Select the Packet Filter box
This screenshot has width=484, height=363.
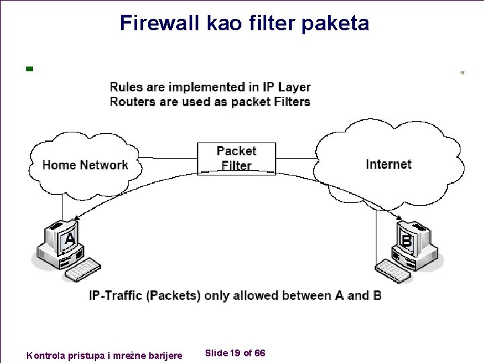236,159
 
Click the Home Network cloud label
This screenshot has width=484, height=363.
85,165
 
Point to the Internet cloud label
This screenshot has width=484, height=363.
389,164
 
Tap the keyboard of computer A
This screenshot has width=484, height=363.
81,269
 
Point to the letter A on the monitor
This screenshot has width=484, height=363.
69,239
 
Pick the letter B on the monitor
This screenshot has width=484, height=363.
406,239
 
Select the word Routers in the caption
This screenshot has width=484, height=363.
133,102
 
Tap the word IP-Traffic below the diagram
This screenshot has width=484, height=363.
116,296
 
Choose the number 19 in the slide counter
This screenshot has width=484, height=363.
235,354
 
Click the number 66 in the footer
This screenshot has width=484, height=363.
259,354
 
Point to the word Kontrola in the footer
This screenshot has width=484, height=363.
45,355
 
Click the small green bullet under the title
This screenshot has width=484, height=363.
29,68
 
